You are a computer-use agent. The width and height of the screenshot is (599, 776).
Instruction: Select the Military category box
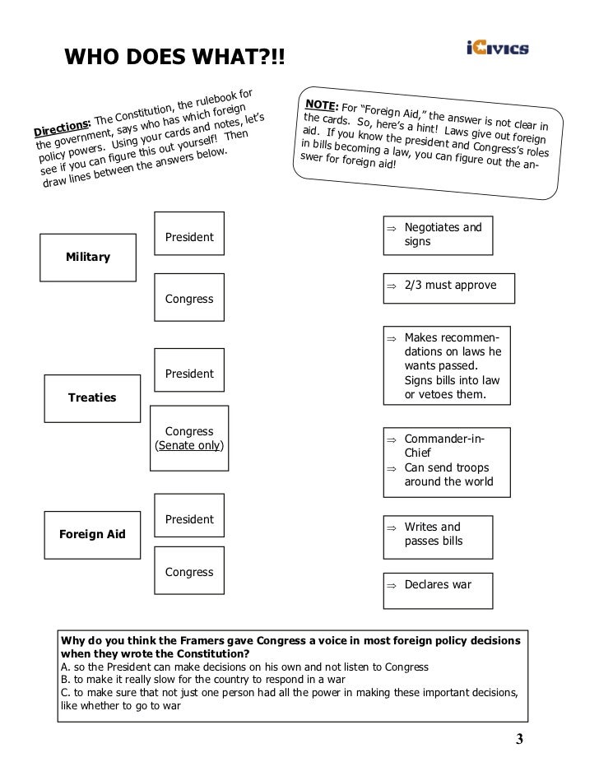pos(87,258)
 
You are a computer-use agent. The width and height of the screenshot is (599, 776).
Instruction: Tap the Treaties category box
pos(91,397)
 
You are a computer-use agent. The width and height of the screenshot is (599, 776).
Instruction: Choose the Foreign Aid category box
pos(91,534)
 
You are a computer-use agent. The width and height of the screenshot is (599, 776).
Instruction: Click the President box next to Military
pos(189,238)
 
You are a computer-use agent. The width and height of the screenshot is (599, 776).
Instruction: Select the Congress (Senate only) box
pos(189,439)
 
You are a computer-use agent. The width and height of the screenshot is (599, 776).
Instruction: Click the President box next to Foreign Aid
pos(189,519)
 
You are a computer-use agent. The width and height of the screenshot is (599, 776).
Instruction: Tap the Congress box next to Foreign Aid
pos(189,572)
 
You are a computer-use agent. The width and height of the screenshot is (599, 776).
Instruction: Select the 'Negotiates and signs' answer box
pos(438,235)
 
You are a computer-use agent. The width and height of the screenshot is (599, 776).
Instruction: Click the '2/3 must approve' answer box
pos(450,286)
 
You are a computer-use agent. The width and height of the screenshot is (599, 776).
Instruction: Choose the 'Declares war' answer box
pos(438,584)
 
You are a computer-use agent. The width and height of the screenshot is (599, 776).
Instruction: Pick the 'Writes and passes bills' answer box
pos(438,534)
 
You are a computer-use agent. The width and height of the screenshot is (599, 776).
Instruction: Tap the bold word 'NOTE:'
pos(323,105)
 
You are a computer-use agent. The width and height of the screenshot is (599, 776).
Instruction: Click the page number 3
pos(519,738)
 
